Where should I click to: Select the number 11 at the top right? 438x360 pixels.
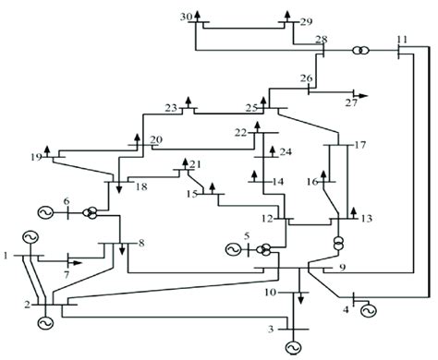tap(401, 39)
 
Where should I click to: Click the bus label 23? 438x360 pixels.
tap(171, 108)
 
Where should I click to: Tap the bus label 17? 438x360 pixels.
tap(360, 144)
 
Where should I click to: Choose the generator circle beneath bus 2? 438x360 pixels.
tap(43, 322)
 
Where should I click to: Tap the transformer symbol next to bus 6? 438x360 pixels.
tap(91, 213)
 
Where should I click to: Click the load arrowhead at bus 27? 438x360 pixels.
tap(363, 94)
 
